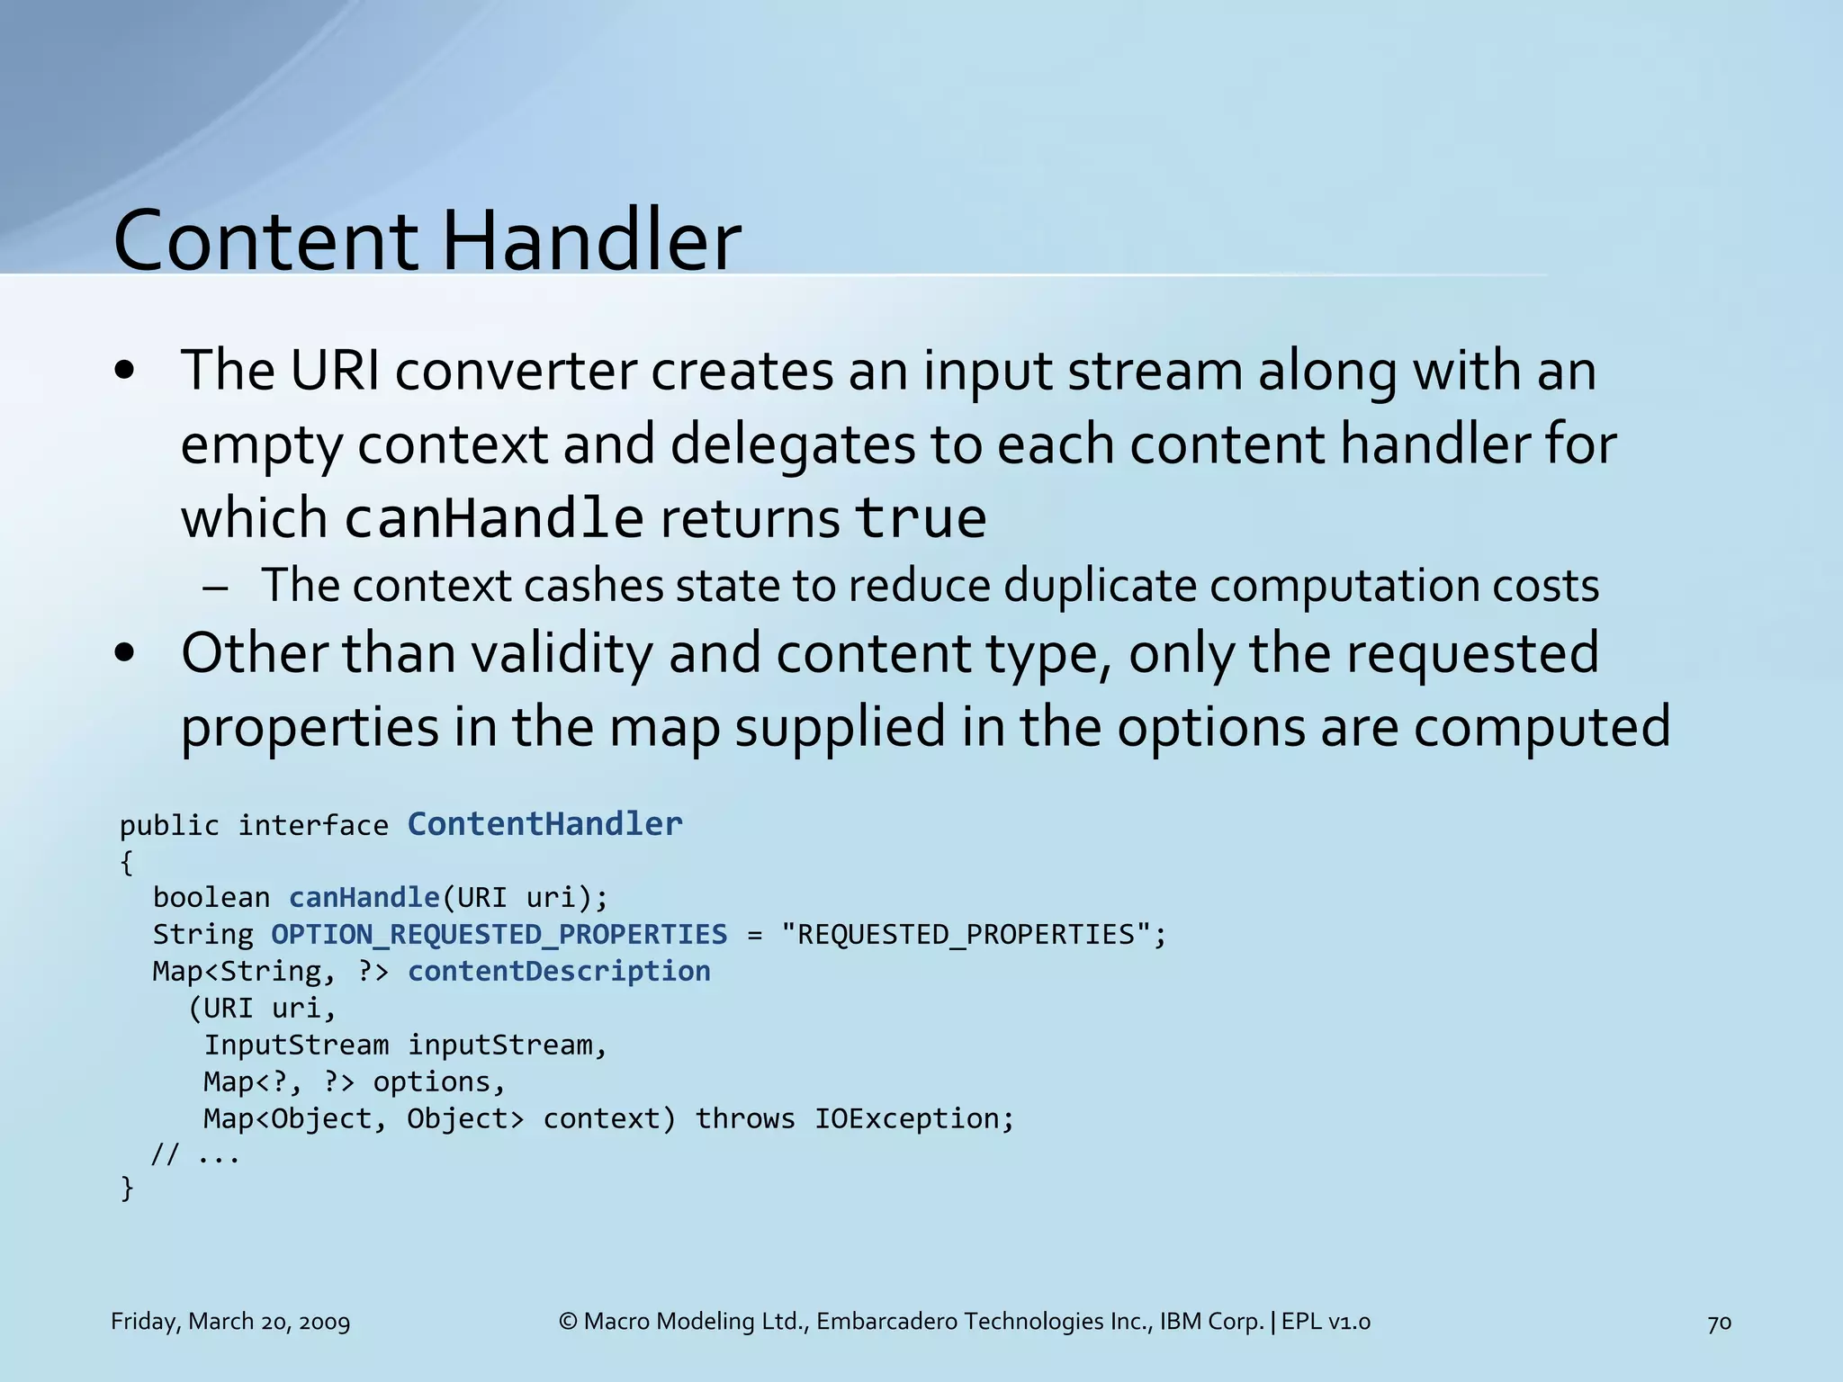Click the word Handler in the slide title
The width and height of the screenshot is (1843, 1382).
(x=591, y=240)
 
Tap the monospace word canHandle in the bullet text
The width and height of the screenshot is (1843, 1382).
(x=494, y=518)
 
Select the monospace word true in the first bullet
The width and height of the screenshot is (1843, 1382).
(x=920, y=518)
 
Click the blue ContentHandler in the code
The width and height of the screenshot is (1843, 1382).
(x=544, y=824)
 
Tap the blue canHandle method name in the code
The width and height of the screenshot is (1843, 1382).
(x=364, y=898)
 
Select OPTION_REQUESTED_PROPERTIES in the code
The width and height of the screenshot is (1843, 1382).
(x=499, y=935)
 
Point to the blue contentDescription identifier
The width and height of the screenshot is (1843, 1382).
(x=559, y=972)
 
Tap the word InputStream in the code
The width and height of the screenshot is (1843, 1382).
(x=296, y=1045)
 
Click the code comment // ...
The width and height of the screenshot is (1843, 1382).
(x=164, y=1154)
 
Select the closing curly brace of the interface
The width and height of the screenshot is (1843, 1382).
(x=127, y=1189)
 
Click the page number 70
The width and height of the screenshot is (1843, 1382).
(x=1719, y=1323)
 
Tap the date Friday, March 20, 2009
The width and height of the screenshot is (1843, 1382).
(x=230, y=1322)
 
